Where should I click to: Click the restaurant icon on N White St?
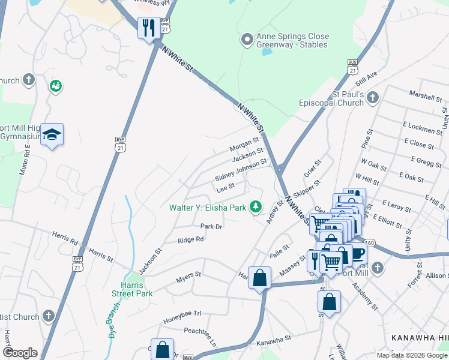coord(148,28)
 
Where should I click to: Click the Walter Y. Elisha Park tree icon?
coord(256,207)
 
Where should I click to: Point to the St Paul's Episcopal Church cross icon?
coord(373,97)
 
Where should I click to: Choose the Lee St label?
coord(225,188)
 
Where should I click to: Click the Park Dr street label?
coord(211,227)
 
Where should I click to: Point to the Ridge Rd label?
coord(191,239)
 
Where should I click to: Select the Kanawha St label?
coord(273,340)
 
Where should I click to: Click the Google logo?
coord(20,353)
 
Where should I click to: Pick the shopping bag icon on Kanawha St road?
coord(259,278)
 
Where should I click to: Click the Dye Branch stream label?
coord(112,328)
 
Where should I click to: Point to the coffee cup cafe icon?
coord(358,254)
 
